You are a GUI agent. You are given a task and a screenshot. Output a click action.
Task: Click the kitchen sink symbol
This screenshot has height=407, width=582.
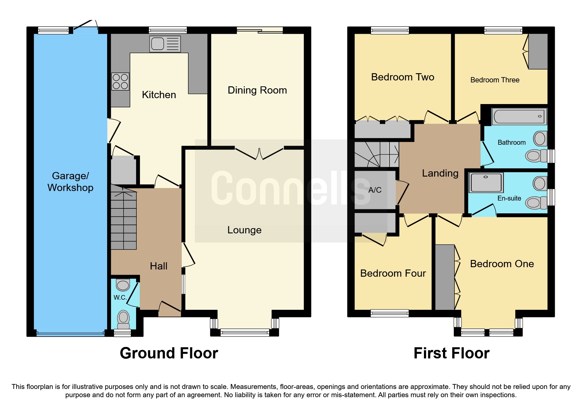165,44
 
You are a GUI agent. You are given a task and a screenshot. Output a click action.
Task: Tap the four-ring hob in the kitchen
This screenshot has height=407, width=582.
120,81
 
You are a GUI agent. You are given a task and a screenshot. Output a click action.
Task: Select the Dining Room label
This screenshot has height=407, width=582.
257,90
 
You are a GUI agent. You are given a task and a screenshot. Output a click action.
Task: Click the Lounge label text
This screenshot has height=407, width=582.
244,230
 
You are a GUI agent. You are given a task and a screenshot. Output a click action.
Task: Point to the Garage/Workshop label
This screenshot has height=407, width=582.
70,182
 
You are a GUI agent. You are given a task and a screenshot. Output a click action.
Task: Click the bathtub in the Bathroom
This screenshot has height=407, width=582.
519,117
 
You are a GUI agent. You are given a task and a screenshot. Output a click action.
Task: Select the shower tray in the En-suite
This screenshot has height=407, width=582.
486,183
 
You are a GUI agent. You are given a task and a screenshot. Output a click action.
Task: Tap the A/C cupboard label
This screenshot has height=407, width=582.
375,190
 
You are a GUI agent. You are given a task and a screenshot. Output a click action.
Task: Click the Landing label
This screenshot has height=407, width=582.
440,173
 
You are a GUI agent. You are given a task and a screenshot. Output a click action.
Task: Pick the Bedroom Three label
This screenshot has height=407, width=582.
495,80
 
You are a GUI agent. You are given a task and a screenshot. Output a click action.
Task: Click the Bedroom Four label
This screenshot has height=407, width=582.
393,273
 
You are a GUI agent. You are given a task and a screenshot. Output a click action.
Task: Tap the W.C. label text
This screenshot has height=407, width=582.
120,297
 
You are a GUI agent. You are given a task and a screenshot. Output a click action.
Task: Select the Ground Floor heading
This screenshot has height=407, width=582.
169,353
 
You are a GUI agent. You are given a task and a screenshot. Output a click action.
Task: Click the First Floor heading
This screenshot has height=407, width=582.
451,353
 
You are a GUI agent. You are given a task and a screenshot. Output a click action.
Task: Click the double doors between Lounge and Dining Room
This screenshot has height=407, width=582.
259,153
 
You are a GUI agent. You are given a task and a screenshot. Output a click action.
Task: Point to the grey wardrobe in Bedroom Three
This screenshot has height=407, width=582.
538,51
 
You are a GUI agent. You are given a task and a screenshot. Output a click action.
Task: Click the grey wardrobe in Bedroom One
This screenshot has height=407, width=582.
445,277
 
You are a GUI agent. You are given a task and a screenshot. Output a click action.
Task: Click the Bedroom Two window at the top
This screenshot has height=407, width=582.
390,31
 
